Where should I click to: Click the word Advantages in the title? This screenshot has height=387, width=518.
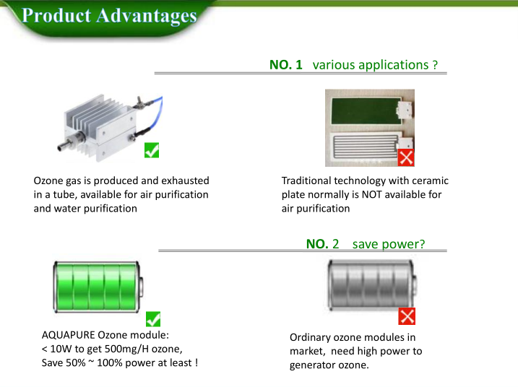pos(146,16)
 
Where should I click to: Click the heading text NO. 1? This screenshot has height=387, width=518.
pos(286,65)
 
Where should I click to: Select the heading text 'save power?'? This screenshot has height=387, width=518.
pos(389,244)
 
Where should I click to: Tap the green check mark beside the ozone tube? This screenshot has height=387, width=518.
pos(152,150)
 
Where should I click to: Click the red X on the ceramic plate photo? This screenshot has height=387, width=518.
pos(406,157)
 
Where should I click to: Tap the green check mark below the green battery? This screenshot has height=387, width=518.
pos(153,319)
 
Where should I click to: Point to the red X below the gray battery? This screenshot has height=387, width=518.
pos(407,316)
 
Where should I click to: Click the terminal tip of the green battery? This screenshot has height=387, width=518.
pos(141,287)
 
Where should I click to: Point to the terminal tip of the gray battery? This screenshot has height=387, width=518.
pos(415,286)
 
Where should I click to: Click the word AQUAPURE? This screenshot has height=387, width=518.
pos(69,335)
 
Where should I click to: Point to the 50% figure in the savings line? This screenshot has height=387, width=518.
pos(76,362)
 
